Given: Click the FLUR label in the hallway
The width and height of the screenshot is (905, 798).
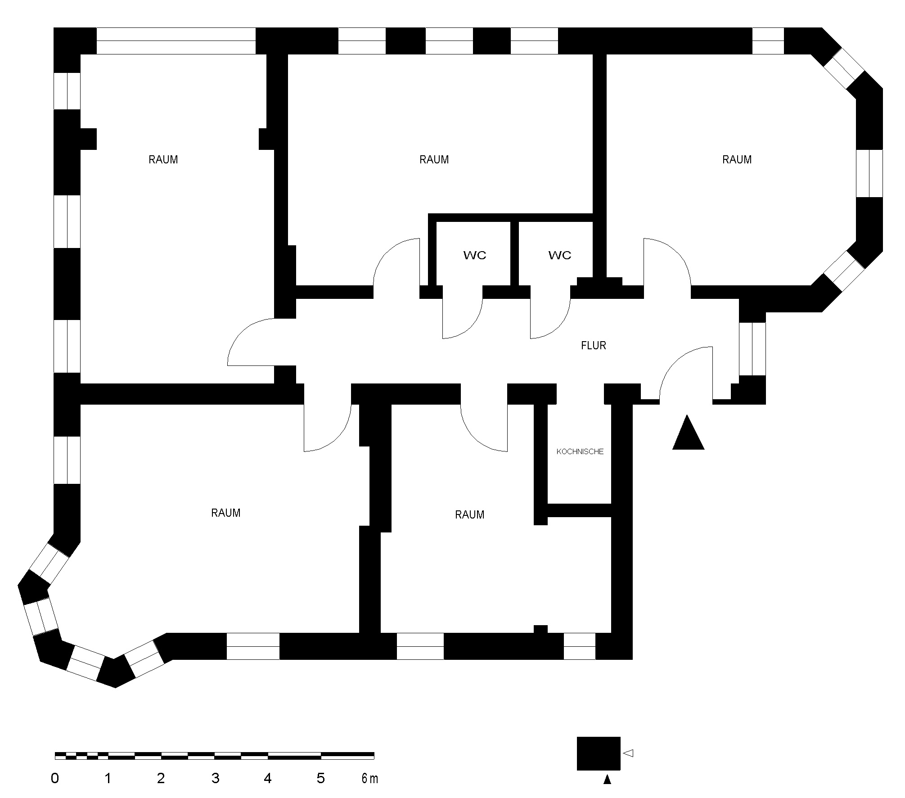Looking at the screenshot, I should click(x=594, y=346).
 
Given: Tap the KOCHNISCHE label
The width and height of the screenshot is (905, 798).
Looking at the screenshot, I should click(x=580, y=451).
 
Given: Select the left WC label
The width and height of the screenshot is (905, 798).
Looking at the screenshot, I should click(x=475, y=255).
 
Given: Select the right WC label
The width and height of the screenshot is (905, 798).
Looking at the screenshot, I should click(x=560, y=255).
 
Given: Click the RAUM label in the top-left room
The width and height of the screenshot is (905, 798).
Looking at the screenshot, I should click(x=163, y=160).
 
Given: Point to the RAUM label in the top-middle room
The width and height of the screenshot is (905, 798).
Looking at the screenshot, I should click(x=434, y=160).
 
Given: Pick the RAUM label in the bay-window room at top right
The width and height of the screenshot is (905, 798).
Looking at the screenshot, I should click(x=737, y=160).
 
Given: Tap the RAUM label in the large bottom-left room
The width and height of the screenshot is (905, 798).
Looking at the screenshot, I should click(x=226, y=513).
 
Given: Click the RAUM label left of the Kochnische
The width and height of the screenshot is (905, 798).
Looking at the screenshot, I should click(x=469, y=515).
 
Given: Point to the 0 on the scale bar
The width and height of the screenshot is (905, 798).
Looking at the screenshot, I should click(x=55, y=778).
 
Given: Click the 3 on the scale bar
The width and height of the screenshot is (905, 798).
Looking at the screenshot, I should click(x=215, y=778).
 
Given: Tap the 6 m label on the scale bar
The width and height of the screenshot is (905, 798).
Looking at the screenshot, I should click(x=369, y=778).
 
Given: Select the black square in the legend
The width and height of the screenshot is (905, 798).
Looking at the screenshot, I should click(x=599, y=753).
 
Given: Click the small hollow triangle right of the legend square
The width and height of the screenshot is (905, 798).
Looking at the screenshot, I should click(x=628, y=753).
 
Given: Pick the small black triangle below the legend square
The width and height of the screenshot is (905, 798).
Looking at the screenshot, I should click(x=607, y=780).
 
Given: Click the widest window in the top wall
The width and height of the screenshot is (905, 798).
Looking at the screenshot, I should click(x=176, y=41).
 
